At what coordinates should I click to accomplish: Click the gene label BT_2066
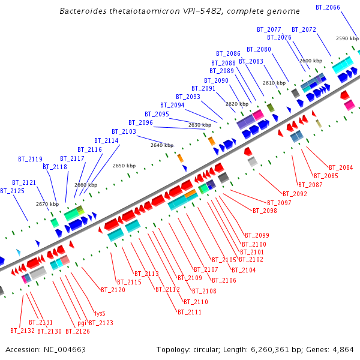(x=328, y=7)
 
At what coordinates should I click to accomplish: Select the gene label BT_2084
(x=341, y=167)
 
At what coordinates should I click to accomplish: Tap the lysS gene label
(x=100, y=313)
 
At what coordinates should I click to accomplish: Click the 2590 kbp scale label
(x=347, y=38)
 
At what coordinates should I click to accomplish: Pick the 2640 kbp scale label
(x=162, y=145)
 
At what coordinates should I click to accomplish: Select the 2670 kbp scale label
(x=47, y=204)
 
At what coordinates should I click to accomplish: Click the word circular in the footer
(x=211, y=349)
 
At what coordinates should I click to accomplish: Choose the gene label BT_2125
(x=12, y=191)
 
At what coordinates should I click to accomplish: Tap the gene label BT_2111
(x=189, y=312)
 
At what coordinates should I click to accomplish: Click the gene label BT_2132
(x=22, y=331)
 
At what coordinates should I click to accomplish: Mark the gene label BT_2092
(x=295, y=194)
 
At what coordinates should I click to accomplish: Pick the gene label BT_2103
(x=124, y=131)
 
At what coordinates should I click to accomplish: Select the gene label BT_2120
(x=113, y=290)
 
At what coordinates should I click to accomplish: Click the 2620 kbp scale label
(x=236, y=104)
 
